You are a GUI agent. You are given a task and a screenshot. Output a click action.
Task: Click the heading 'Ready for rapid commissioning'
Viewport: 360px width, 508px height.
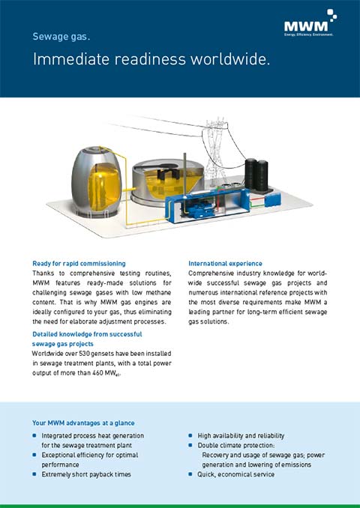click(x=79, y=264)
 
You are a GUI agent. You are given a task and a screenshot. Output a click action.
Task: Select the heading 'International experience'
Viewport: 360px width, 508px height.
click(x=225, y=264)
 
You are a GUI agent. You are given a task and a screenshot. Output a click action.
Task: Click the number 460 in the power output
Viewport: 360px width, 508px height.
click(x=94, y=372)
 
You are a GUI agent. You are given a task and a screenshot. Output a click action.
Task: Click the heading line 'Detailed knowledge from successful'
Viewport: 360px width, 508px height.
click(x=86, y=333)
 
